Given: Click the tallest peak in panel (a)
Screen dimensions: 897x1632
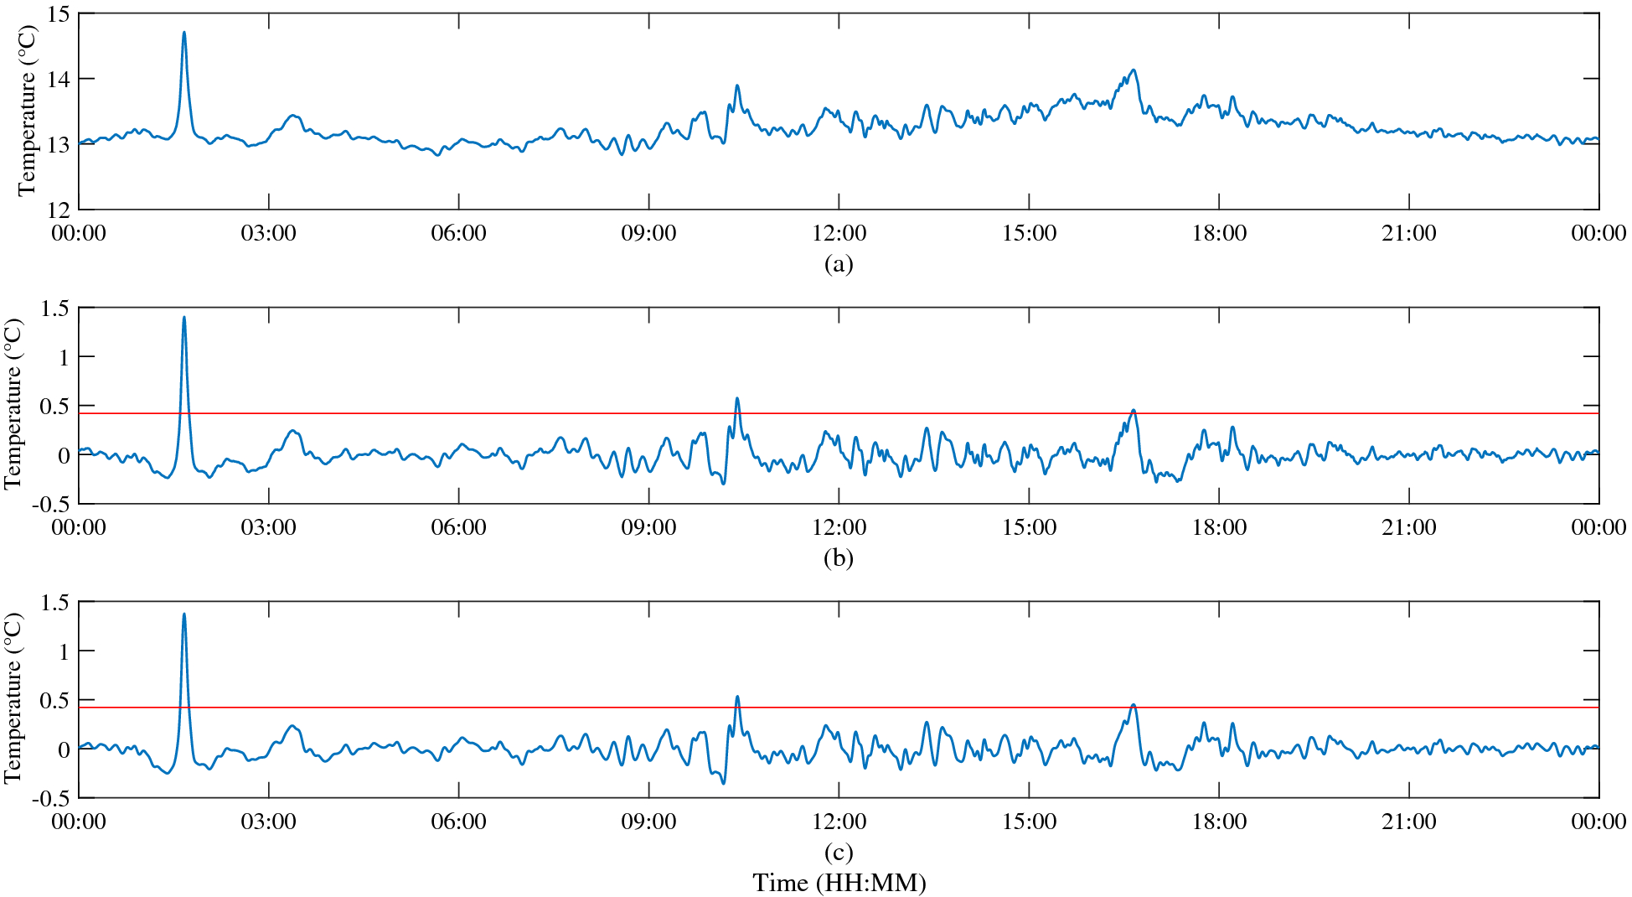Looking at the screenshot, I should click(x=184, y=34).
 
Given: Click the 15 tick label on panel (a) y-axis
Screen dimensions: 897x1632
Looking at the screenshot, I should click(x=60, y=14).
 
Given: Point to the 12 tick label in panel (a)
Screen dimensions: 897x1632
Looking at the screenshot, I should click(x=60, y=209).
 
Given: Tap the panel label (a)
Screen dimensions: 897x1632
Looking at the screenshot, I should click(x=839, y=264).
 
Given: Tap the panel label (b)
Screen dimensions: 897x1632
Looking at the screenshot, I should click(x=839, y=558).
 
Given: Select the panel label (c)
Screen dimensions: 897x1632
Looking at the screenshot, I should click(x=839, y=853).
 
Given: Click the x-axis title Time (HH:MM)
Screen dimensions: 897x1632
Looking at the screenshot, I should click(x=839, y=883).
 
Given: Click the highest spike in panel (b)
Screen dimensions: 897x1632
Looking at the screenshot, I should click(x=184, y=318).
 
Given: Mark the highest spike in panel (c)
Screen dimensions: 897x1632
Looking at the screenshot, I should click(x=184, y=614).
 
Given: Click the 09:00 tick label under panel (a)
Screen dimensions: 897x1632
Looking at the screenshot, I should click(x=648, y=233).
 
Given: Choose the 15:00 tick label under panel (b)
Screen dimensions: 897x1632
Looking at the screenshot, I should click(x=1029, y=527).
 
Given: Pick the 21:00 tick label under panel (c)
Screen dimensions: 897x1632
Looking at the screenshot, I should click(x=1408, y=822).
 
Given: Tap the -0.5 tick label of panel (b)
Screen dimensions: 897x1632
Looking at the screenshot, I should click(x=52, y=505).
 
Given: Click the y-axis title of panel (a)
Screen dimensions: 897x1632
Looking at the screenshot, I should click(x=27, y=111).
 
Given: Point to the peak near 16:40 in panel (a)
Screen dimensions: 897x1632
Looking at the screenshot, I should click(x=1134, y=70).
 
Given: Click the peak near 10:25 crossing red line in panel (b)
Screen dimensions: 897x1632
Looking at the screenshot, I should click(x=737, y=399).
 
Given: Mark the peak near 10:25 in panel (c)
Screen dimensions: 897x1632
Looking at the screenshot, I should click(x=737, y=697).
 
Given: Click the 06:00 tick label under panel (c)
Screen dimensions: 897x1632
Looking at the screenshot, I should click(x=458, y=822).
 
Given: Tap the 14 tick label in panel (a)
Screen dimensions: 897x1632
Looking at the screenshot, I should click(x=60, y=79).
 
